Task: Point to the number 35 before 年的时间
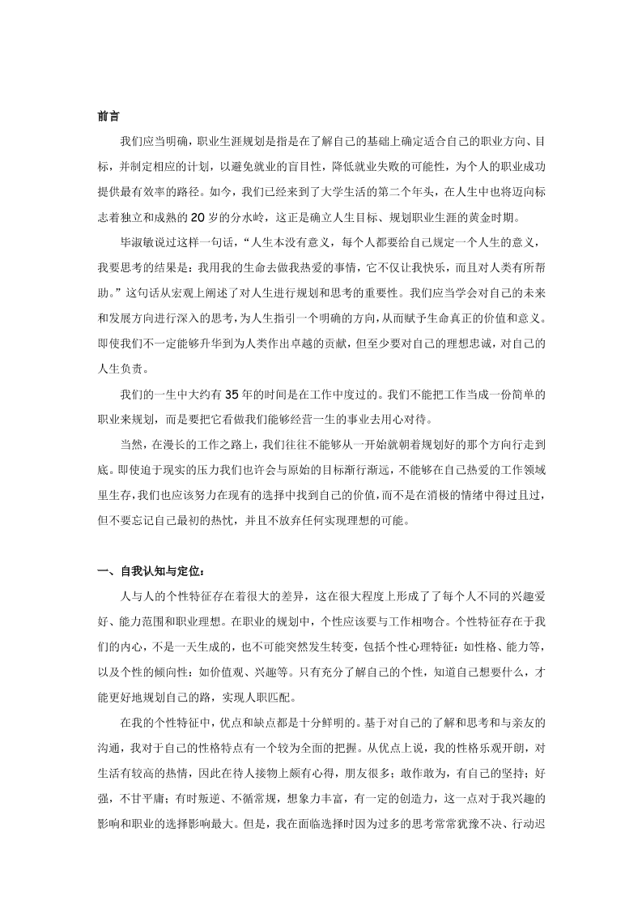(x=231, y=395)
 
